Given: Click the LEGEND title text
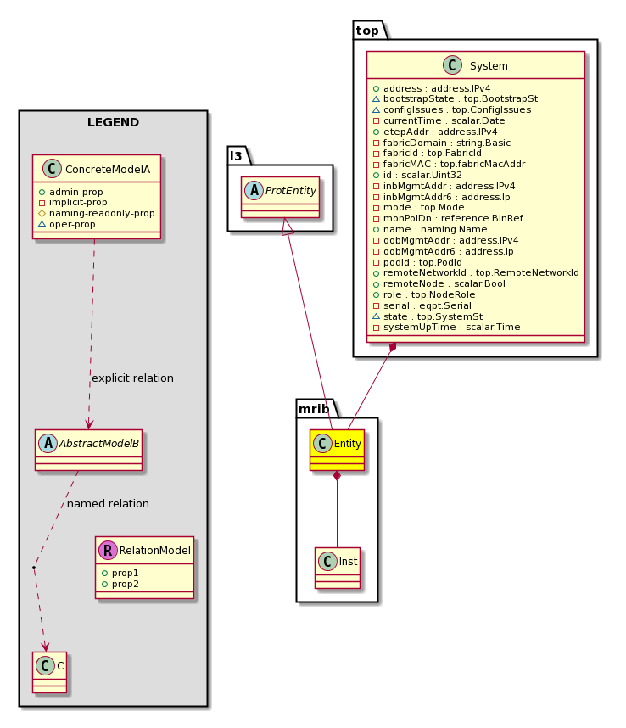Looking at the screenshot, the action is pyautogui.click(x=113, y=122).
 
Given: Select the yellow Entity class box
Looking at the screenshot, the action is pyautogui.click(x=337, y=450).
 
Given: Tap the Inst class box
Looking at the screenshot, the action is pyautogui.click(x=338, y=568).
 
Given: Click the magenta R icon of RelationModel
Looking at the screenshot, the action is pyautogui.click(x=108, y=550).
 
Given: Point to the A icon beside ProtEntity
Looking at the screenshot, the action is pyautogui.click(x=254, y=190).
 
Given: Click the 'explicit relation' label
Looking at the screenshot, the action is pyautogui.click(x=132, y=378).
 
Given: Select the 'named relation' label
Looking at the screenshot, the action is pyautogui.click(x=108, y=503).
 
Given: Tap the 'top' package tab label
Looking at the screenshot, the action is pyautogui.click(x=367, y=31).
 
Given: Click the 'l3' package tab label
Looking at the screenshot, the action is pyautogui.click(x=236, y=156).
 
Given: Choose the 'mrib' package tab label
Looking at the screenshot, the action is pyautogui.click(x=314, y=409).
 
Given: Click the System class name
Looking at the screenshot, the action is pyautogui.click(x=489, y=66).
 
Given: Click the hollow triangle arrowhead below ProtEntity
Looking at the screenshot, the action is pyautogui.click(x=287, y=226).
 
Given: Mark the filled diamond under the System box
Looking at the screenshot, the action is pyautogui.click(x=393, y=348).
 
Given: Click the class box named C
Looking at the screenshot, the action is pyautogui.click(x=50, y=672).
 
